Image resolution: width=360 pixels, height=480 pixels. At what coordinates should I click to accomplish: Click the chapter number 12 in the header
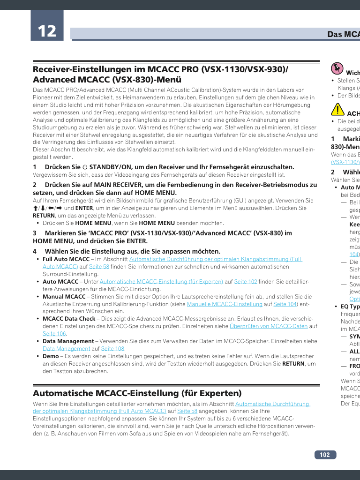click(x=46, y=31)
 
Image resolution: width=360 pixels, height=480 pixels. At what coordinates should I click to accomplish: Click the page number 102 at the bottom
click(x=325, y=455)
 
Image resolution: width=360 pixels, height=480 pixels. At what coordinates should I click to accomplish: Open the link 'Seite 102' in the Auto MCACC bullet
click(x=246, y=282)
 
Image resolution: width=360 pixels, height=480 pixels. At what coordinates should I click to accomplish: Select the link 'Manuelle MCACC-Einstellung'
click(x=225, y=304)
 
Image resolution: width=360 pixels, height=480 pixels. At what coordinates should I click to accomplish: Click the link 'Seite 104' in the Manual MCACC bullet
click(x=285, y=304)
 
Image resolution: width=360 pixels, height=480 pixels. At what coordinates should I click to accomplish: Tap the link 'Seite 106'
click(x=54, y=334)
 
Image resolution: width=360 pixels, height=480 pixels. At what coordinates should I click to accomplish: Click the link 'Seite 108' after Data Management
click(x=112, y=349)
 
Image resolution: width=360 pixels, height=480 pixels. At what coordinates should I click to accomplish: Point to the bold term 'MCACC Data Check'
click(x=69, y=319)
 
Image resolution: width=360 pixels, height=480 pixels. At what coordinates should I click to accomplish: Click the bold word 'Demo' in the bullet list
click(x=51, y=356)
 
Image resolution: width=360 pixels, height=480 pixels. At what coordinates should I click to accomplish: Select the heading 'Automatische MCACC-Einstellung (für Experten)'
click(x=137, y=393)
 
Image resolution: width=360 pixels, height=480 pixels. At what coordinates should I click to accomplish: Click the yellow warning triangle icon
click(x=337, y=110)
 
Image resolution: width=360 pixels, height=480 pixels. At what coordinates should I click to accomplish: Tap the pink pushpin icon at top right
click(x=337, y=69)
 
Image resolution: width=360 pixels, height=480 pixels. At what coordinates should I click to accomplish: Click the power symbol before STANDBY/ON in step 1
click(x=85, y=167)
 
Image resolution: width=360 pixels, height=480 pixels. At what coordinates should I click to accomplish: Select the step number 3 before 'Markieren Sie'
click(x=35, y=233)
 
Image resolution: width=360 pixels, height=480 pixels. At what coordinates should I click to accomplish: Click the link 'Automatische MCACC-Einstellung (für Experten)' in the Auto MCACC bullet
click(x=161, y=282)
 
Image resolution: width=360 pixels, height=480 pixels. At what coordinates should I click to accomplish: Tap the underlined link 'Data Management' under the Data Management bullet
click(x=66, y=349)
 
